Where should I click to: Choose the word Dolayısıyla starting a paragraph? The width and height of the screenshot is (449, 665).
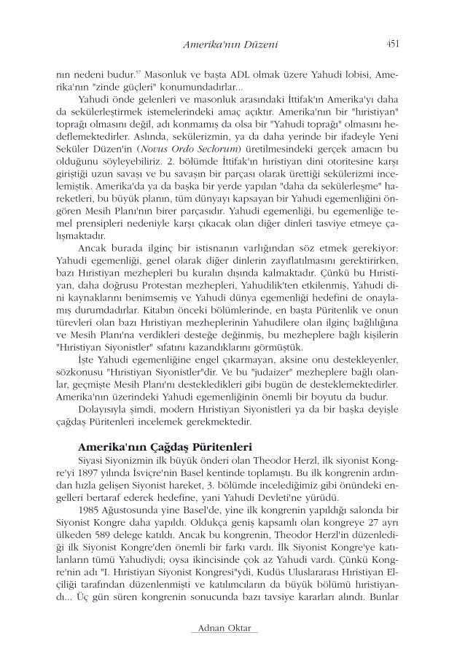click(x=101, y=409)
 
